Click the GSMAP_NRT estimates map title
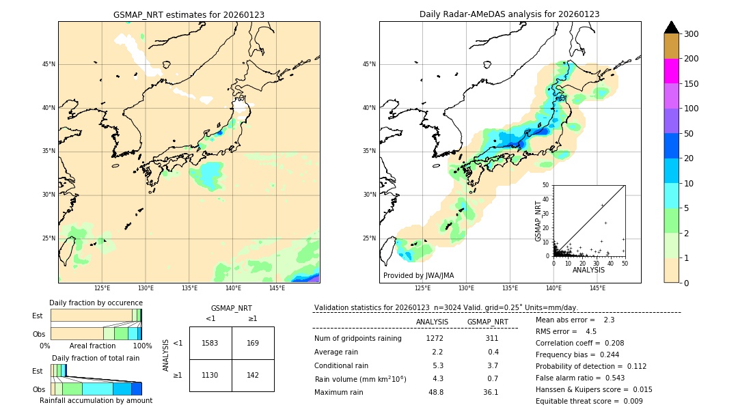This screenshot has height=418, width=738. click(189, 14)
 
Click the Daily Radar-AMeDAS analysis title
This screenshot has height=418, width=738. click(509, 14)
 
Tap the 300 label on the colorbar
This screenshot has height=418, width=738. click(691, 34)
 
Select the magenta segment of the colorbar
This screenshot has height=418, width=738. click(672, 71)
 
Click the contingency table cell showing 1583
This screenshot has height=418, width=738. click(210, 343)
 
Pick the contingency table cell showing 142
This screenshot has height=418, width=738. click(253, 375)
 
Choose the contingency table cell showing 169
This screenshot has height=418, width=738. click(253, 343)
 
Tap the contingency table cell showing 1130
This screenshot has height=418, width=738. click(210, 375)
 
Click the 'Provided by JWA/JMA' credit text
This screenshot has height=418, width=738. click(418, 275)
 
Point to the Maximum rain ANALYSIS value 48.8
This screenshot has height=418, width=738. click(435, 392)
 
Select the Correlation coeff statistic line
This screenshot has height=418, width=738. click(579, 343)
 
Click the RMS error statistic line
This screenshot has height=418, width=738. click(566, 331)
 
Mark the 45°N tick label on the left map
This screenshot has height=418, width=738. click(49, 64)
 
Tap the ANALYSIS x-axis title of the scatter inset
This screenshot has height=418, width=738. click(588, 270)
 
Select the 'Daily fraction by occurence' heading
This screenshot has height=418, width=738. click(96, 303)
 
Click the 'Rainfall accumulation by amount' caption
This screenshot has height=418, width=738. click(96, 400)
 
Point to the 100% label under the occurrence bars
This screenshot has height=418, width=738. click(142, 346)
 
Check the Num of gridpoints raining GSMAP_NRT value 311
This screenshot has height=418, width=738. click(491, 338)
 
